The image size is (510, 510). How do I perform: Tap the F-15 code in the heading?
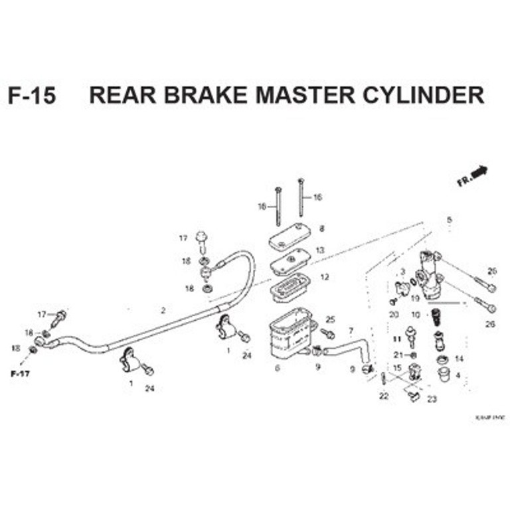pyautogui.click(x=32, y=96)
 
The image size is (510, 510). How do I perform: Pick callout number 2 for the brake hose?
pyautogui.click(x=162, y=310)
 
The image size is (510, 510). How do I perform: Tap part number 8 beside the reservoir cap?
pyautogui.click(x=321, y=228)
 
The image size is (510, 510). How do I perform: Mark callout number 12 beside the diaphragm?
pyautogui.click(x=324, y=277)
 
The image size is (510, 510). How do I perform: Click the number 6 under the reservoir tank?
pyautogui.click(x=277, y=367)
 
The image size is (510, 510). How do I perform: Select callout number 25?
pyautogui.click(x=330, y=319)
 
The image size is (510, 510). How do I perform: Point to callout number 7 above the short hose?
pyautogui.click(x=350, y=331)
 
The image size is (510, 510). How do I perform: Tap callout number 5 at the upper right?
pyautogui.click(x=449, y=220)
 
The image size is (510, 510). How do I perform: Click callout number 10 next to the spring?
pyautogui.click(x=416, y=315)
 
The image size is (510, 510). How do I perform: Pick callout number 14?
pyautogui.click(x=458, y=359)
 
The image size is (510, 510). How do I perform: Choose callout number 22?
pyautogui.click(x=383, y=396)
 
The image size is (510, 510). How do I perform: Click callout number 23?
pyautogui.click(x=432, y=399)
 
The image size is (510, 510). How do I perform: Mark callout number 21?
pyautogui.click(x=398, y=355)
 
